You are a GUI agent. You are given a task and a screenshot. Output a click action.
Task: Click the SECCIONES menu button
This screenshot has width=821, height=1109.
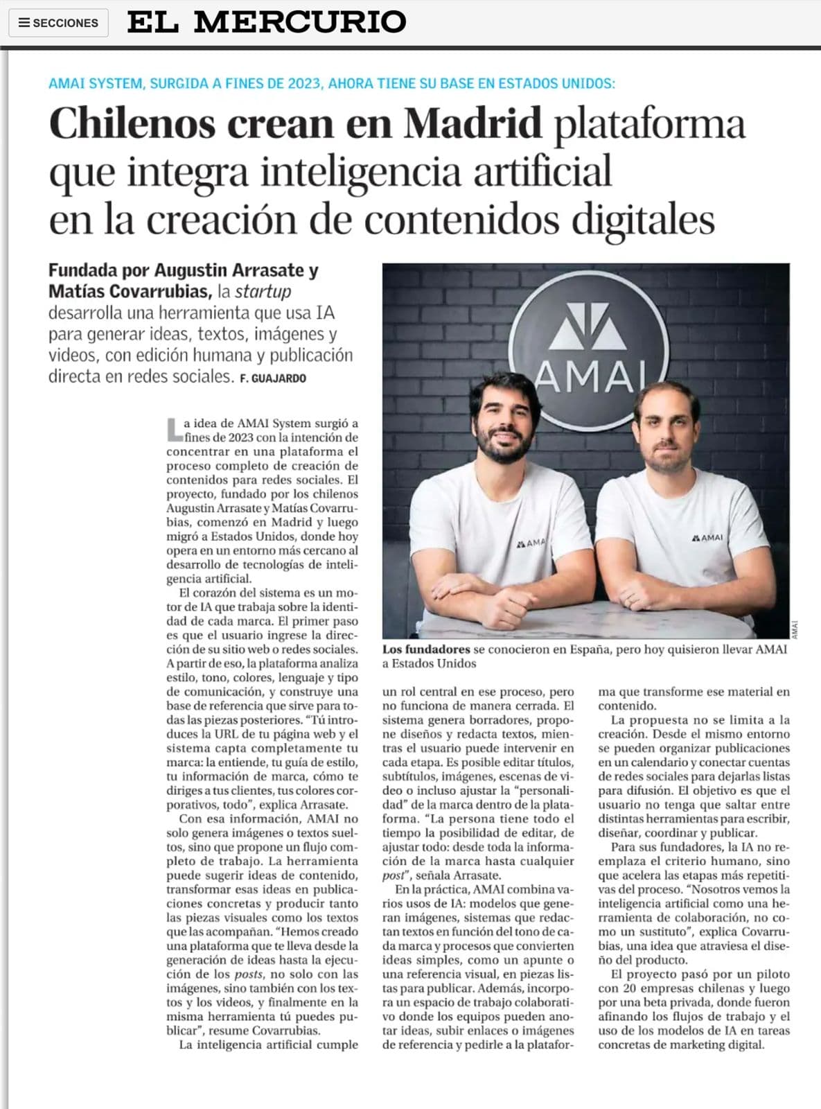click(58, 23)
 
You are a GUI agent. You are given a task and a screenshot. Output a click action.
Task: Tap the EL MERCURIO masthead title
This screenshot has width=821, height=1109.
click(267, 22)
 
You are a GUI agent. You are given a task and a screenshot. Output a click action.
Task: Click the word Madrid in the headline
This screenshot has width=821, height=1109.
click(473, 123)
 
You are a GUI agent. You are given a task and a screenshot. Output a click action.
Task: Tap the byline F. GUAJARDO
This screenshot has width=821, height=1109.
click(273, 378)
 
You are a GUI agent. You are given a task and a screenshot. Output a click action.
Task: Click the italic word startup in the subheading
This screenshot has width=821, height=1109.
click(263, 291)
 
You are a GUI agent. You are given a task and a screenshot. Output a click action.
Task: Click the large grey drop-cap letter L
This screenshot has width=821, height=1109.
click(174, 429)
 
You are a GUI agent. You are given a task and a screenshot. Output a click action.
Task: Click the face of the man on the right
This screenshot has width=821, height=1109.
click(660, 441)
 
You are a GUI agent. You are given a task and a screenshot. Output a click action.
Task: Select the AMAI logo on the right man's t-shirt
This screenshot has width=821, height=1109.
click(707, 537)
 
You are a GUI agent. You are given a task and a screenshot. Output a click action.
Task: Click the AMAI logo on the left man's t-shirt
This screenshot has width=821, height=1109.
click(531, 543)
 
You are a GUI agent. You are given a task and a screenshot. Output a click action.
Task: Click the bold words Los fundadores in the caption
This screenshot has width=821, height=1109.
click(426, 649)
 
